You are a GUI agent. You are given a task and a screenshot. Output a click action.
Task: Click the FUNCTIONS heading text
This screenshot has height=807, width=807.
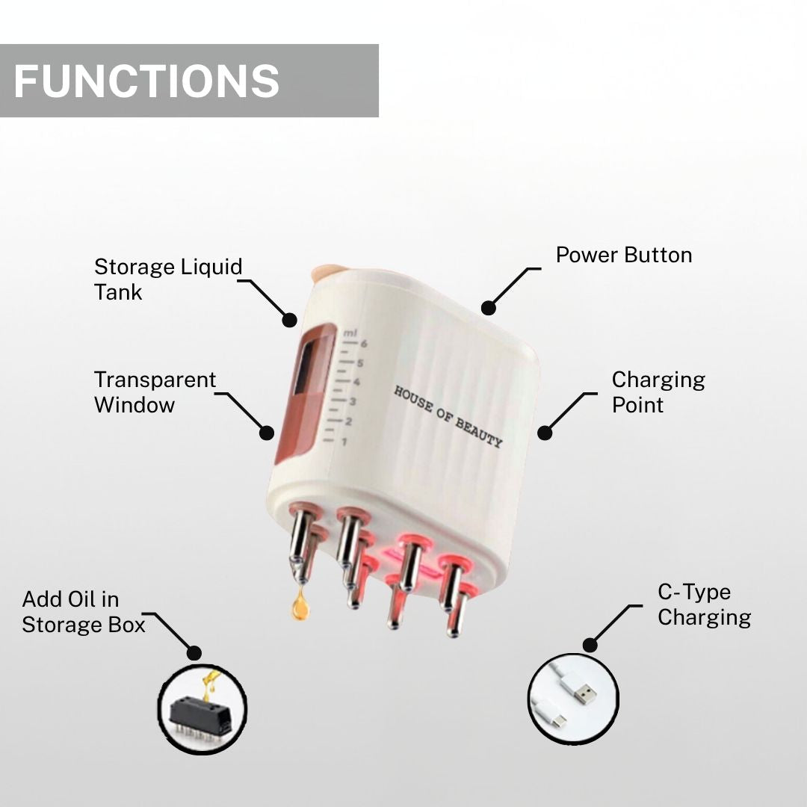pyautogui.click(x=146, y=81)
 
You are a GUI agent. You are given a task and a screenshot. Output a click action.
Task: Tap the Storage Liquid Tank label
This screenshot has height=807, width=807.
pyautogui.click(x=168, y=279)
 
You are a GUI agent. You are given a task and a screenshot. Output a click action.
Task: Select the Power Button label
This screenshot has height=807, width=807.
pyautogui.click(x=623, y=255)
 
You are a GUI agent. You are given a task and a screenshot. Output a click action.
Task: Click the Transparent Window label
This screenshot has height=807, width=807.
pyautogui.click(x=155, y=392)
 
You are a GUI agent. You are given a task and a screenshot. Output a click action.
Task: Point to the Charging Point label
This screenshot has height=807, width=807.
pyautogui.click(x=658, y=392)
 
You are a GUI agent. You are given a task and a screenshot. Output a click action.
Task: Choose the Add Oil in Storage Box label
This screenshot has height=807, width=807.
pyautogui.click(x=83, y=612)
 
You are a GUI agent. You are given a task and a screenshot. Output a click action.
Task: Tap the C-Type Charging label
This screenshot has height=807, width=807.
pyautogui.click(x=704, y=605)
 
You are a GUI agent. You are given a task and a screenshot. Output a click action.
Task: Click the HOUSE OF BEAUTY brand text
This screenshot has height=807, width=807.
pyautogui.click(x=448, y=417)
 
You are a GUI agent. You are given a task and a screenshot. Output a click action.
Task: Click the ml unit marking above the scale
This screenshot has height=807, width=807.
pyautogui.click(x=350, y=331)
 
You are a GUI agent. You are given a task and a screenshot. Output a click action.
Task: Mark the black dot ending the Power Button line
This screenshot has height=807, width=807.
pyautogui.click(x=488, y=307)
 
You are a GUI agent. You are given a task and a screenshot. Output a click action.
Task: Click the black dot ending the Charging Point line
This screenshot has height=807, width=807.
pyautogui.click(x=545, y=432)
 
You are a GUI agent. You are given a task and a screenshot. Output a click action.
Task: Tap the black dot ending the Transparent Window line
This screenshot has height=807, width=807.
pyautogui.click(x=267, y=432)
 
